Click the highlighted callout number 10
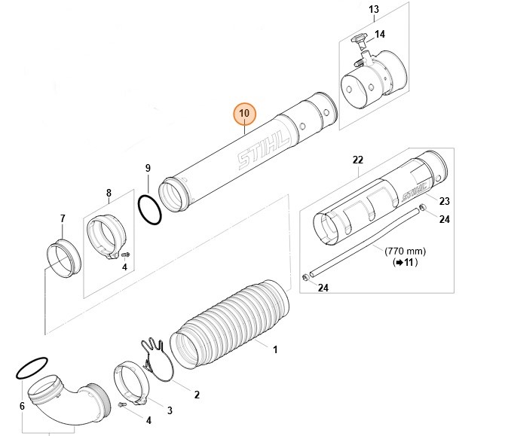tap(244, 114)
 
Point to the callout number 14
tap(379, 35)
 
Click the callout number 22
tap(358, 160)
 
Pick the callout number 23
tap(444, 201)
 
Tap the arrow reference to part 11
tap(405, 263)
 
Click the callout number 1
tap(275, 350)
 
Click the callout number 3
tap(170, 410)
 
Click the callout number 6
tap(22, 407)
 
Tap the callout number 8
tap(109, 193)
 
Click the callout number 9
tap(148, 167)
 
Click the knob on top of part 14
tap(357, 37)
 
